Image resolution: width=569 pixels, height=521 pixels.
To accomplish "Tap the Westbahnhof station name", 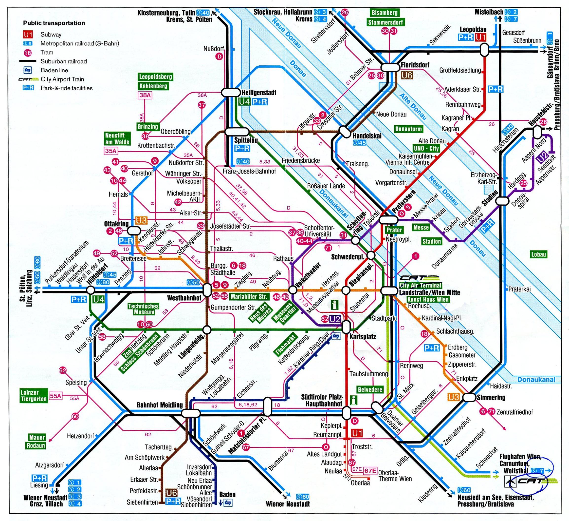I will point(184,298).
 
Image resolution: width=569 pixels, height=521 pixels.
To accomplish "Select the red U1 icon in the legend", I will point(28,35).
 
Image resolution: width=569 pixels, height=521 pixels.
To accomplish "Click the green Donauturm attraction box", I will point(408,129).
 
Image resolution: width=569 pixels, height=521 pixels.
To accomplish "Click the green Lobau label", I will point(538,254).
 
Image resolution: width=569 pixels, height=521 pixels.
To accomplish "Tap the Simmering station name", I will point(491,398).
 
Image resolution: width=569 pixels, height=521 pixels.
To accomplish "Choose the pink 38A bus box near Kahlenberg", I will point(145,95).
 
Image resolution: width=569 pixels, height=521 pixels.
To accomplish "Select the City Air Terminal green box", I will point(421,285).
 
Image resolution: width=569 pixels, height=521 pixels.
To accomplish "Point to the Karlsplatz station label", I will point(363,337).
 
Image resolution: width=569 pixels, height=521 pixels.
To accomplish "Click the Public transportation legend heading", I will point(54,23).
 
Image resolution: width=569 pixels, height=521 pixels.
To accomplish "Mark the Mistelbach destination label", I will point(489,12).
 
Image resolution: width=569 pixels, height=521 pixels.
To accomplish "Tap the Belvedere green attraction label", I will point(370,390).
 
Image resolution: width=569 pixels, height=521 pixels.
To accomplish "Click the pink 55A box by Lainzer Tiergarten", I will point(55,396).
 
